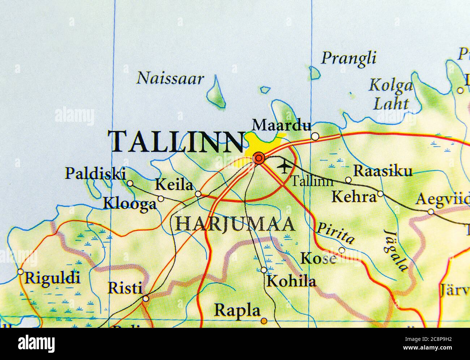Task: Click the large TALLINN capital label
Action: click(x=177, y=141)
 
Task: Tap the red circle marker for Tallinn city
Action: click(x=259, y=158)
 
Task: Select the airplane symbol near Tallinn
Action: click(x=285, y=167)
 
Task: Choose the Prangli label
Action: click(x=349, y=58)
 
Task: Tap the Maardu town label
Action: click(x=282, y=125)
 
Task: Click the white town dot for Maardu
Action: click(x=315, y=136)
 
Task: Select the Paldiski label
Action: click(x=95, y=174)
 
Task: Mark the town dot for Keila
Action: click(x=198, y=194)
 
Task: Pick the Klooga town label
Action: click(x=130, y=203)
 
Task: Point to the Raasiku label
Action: click(x=383, y=171)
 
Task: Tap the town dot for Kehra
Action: click(x=380, y=194)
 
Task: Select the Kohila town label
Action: click(x=291, y=281)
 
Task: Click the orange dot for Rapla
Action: click(x=264, y=320)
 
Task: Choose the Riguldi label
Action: click(x=52, y=278)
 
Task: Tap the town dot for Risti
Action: click(x=146, y=299)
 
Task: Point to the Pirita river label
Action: click(x=335, y=233)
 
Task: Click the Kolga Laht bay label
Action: click(x=390, y=95)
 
